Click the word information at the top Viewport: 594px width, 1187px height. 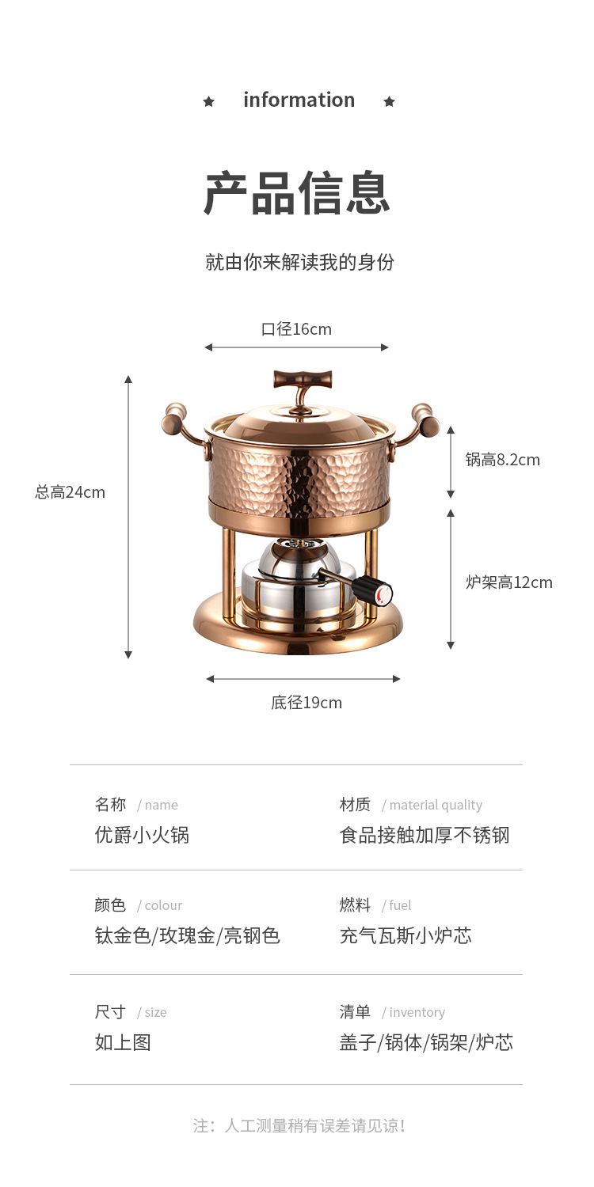[299, 100]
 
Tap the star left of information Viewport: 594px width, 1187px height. [209, 101]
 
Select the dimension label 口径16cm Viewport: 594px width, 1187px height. [296, 329]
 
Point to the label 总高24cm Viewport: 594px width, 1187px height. [70, 492]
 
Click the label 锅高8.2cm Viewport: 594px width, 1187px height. [502, 460]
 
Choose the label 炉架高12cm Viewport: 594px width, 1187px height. [508, 583]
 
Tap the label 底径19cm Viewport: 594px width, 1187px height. [307, 703]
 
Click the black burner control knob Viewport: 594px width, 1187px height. [371, 590]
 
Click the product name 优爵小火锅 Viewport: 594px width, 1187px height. [142, 836]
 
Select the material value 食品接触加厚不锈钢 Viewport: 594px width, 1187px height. [425, 836]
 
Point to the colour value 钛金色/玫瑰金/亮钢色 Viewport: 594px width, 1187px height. [187, 936]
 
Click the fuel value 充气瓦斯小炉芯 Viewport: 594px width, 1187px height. [406, 936]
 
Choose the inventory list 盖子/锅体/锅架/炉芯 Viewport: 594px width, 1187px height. [426, 1043]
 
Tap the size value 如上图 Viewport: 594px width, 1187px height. [123, 1043]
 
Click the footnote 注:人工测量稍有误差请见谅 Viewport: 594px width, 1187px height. [299, 1125]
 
